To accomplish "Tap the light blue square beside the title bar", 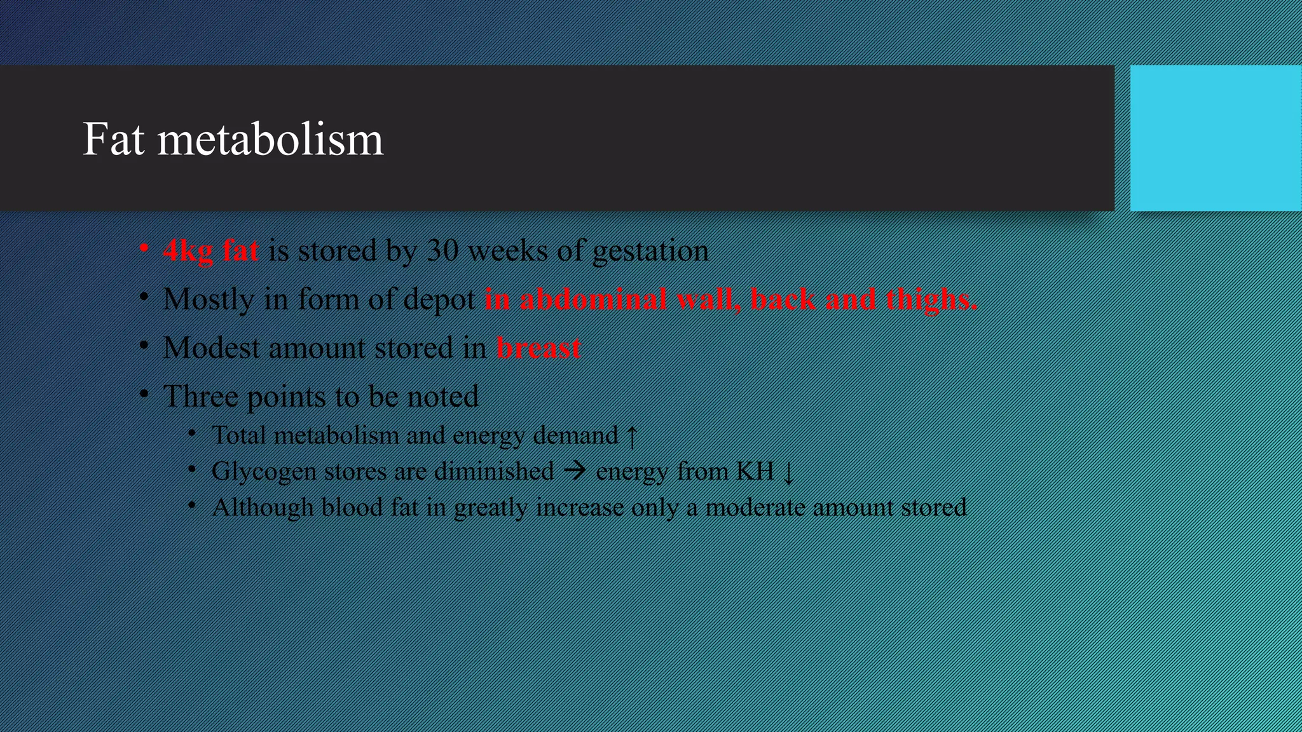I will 1216,138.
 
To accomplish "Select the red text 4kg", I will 188,251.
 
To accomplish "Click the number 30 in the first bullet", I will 442,250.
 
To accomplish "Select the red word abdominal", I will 593,299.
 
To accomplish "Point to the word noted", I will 442,396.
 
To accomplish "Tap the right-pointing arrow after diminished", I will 575,471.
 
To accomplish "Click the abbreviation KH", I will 755,471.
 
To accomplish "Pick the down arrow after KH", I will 788,473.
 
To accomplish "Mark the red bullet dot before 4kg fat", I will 145,248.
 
